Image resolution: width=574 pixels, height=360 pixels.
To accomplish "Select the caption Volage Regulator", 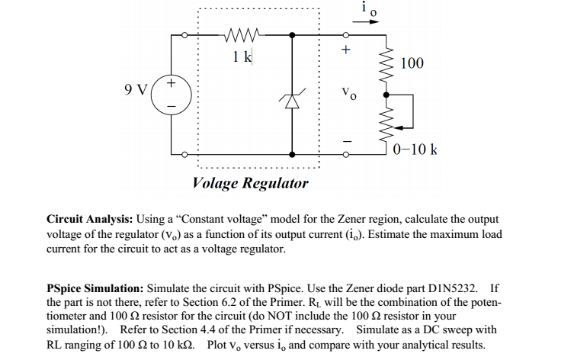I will coord(251,183).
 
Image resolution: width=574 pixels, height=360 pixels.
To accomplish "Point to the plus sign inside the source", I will coord(172,81).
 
